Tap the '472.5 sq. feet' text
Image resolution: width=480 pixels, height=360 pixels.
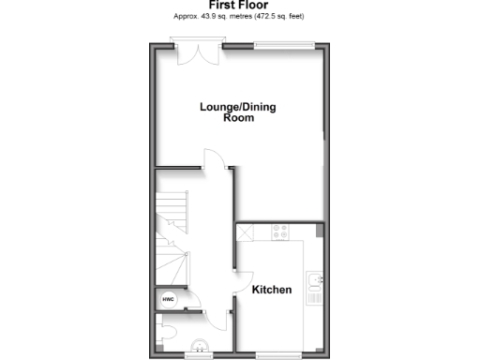(x=278, y=17)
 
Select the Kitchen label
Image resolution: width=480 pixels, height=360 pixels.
(x=272, y=290)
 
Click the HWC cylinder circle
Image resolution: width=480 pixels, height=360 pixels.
(x=169, y=300)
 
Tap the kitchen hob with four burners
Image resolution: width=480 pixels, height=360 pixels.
(x=280, y=231)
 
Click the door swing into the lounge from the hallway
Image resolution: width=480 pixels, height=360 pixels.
(x=215, y=160)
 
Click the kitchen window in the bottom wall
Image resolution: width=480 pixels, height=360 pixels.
(x=278, y=354)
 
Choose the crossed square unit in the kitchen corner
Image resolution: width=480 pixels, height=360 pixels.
(x=244, y=231)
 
